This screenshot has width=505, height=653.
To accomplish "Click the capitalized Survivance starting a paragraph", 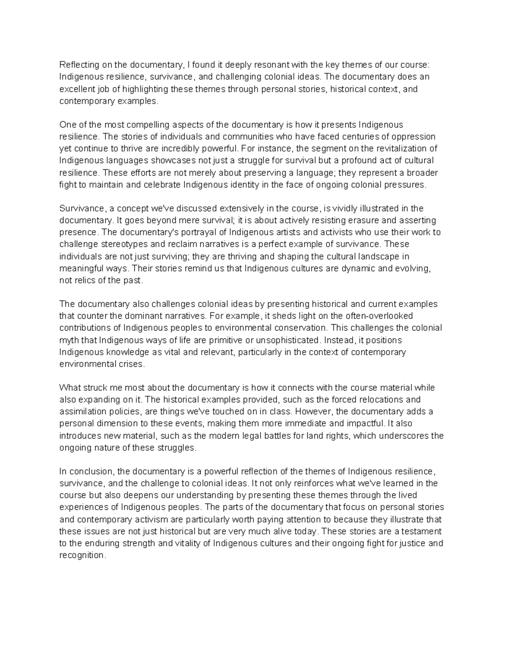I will pyautogui.click(x=81, y=209).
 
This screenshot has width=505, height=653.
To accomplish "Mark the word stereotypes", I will pyautogui.click(x=106, y=244).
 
